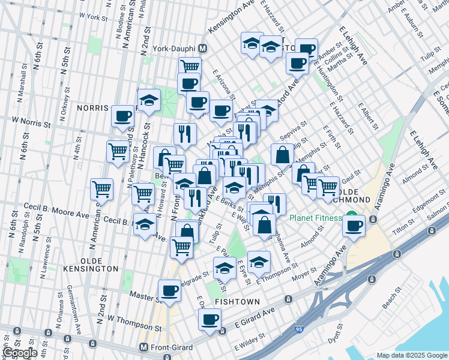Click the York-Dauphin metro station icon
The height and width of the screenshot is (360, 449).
203,48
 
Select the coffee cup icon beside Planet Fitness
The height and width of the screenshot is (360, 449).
354,226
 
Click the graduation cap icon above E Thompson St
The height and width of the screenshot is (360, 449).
259,262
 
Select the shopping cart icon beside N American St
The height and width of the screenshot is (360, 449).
102,189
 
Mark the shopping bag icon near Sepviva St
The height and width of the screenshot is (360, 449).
282,155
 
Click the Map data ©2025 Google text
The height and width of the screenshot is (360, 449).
411,355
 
